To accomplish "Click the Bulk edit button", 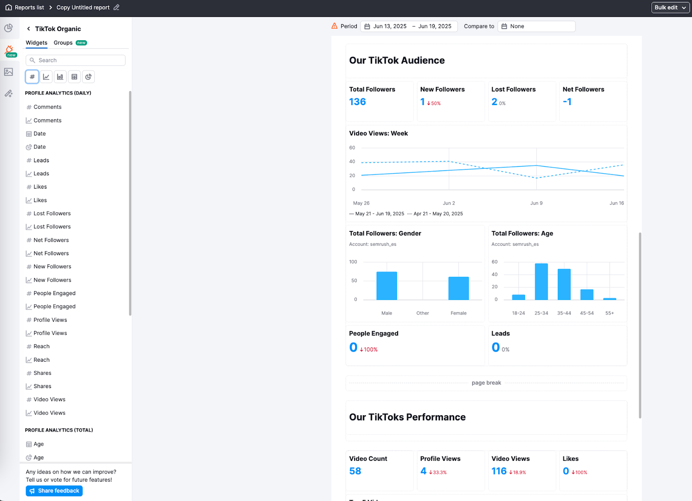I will point(670,7).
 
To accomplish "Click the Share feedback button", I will point(54,491).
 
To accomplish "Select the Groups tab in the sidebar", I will point(63,43).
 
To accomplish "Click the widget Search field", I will point(76,60).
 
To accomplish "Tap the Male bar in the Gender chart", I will point(387,286).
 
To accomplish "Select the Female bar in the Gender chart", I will point(458,289).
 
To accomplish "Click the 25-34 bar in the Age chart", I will point(541,282).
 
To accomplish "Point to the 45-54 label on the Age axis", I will point(587,313).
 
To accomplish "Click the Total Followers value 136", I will point(357,102).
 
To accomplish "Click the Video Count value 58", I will point(355,471).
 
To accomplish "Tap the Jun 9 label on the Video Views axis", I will point(536,203).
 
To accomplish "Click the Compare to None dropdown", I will point(536,26).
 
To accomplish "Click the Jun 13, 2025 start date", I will point(389,26).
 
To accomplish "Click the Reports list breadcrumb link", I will point(29,7).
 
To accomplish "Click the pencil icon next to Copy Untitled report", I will point(116,7).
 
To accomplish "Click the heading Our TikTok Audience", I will point(397,61).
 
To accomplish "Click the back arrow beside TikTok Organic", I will point(29,29).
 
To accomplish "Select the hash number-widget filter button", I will point(32,77).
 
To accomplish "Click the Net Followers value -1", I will point(567,102).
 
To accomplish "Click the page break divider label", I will point(486,383).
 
